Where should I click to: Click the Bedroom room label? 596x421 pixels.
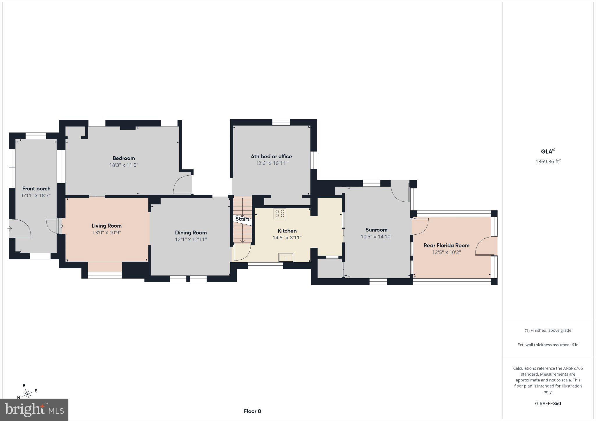[x=124, y=158]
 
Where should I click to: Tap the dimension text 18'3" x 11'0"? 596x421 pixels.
[x=124, y=165]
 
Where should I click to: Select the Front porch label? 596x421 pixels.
[x=36, y=189]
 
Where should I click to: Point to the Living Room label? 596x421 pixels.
[x=107, y=226]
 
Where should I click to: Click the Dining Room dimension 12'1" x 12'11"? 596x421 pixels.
[x=191, y=240]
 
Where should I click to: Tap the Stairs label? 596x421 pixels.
[x=242, y=219]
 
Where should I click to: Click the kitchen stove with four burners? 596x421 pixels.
[x=280, y=213]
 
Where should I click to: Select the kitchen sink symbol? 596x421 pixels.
[x=286, y=258]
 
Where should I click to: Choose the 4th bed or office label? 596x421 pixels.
[x=272, y=156]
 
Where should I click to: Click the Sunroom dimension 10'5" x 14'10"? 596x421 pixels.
[x=377, y=237]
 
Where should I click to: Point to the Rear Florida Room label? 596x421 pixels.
[x=446, y=245]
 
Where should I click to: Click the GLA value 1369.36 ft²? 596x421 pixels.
[x=548, y=161]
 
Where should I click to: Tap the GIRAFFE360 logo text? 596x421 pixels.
[x=548, y=404]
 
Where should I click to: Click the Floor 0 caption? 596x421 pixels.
[x=252, y=411]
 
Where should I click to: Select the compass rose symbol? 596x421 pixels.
[x=27, y=394]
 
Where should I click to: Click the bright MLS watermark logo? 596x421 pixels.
[x=34, y=410]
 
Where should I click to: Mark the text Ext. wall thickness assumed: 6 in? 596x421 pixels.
[x=548, y=345]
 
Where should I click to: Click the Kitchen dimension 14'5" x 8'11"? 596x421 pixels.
[x=287, y=238]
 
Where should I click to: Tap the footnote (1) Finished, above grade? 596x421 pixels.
[x=548, y=330]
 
